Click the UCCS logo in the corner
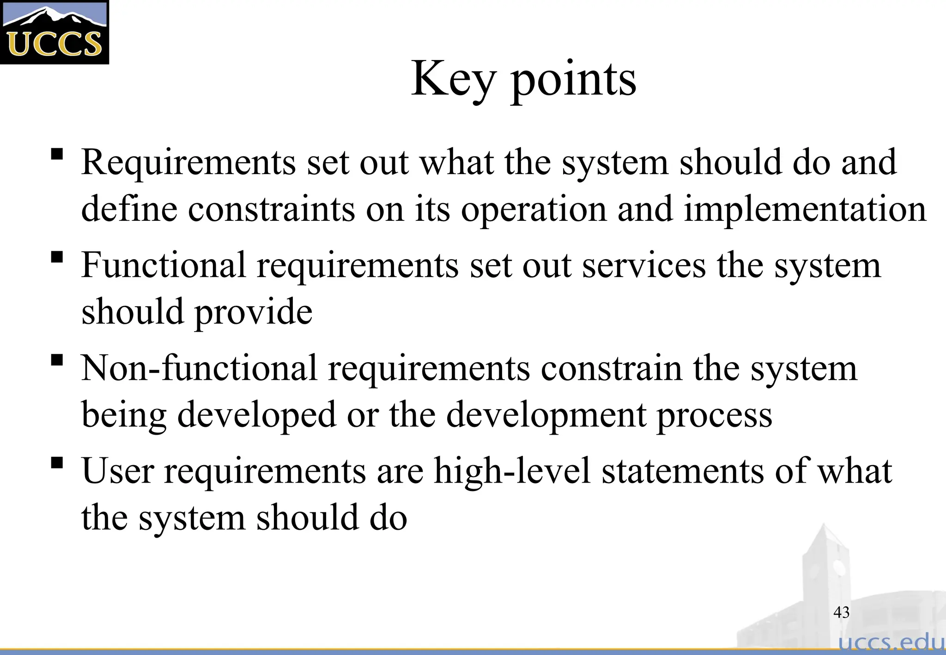[55, 32]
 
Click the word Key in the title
[453, 79]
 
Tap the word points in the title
[574, 81]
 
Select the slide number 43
[841, 613]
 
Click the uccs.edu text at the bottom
[891, 643]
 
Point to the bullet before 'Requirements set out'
[57, 154]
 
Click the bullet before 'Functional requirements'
[57, 257]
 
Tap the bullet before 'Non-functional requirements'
[57, 360]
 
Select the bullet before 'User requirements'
[57, 462]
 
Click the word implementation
[805, 209]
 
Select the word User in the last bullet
[118, 471]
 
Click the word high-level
[513, 471]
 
